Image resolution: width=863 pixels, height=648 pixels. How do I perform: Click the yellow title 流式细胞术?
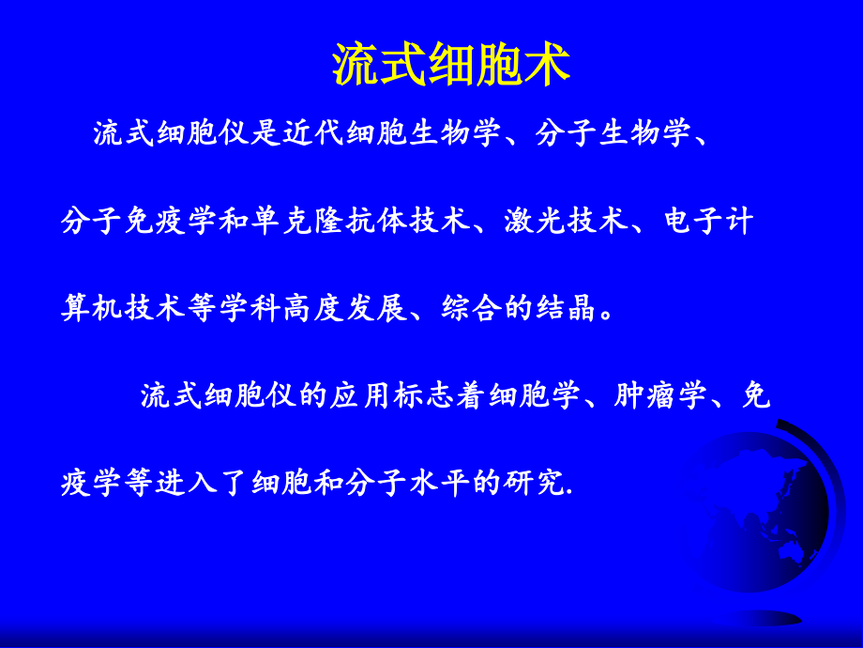tap(451, 65)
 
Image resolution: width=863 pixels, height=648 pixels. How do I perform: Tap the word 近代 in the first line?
tap(313, 132)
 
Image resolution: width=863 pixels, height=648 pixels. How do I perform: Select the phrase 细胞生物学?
tap(423, 132)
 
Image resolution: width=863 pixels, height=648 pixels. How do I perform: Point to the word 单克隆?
tap(297, 221)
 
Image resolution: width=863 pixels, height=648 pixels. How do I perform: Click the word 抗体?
tap(376, 221)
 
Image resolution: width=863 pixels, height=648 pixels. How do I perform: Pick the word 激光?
tap(535, 221)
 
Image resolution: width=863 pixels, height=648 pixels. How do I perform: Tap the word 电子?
tap(692, 221)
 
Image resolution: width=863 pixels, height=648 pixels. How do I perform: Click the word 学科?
tap(250, 307)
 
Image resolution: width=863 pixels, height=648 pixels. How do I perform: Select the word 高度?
tap(313, 307)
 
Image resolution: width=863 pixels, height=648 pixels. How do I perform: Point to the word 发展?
tap(376, 307)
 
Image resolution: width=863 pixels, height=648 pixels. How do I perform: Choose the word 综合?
tap(471, 307)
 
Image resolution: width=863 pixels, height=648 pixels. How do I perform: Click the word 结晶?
tap(566, 307)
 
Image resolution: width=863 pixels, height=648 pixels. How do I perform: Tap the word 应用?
tap(360, 395)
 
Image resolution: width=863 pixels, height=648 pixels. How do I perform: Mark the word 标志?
tap(424, 395)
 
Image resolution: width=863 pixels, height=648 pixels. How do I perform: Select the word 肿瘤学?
tap(660, 395)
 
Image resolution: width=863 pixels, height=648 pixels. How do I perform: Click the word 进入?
tap(187, 483)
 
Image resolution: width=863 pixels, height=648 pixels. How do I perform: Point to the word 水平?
tap(440, 483)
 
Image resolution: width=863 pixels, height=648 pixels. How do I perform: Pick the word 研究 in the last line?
tap(535, 483)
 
